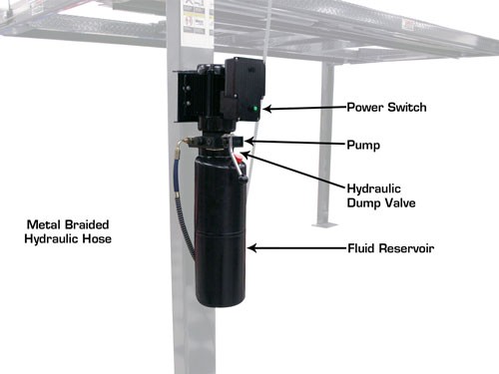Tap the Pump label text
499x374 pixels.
(362, 145)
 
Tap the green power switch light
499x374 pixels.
(257, 109)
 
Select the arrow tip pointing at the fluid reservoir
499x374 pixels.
(250, 246)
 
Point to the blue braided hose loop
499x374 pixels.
(182, 209)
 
